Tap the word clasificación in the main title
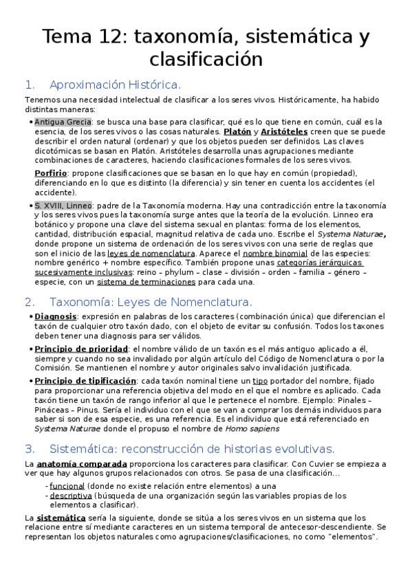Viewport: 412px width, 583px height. (x=206, y=58)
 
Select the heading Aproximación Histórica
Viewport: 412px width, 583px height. (x=115, y=85)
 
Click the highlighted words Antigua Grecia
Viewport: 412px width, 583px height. (x=63, y=122)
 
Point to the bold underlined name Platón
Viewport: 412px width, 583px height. (x=236, y=131)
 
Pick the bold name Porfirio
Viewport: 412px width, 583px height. (x=51, y=173)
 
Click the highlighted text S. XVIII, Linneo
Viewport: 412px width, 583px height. (x=63, y=205)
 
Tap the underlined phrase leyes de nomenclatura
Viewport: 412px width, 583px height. (x=151, y=253)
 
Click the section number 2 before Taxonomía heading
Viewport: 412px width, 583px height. (x=29, y=302)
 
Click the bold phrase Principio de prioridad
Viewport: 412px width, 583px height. (x=80, y=349)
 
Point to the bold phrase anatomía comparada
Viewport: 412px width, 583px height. (x=71, y=464)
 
